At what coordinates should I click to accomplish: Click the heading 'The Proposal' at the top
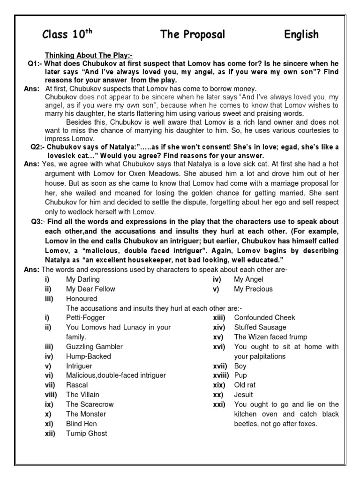click(x=193, y=34)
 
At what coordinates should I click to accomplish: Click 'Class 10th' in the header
click(x=65, y=34)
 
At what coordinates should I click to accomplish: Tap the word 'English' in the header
click(x=301, y=34)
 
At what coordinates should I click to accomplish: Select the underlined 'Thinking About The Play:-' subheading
click(x=89, y=55)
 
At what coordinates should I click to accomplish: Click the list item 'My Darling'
click(x=83, y=279)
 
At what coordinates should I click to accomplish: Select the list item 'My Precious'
click(x=253, y=289)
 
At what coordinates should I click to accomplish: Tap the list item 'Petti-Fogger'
click(x=86, y=318)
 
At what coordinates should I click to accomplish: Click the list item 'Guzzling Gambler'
click(x=94, y=346)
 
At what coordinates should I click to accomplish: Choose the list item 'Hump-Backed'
click(x=89, y=356)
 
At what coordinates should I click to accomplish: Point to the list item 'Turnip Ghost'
click(x=86, y=433)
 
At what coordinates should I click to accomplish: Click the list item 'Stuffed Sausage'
click(x=260, y=327)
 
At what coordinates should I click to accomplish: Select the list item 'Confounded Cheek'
click(x=264, y=318)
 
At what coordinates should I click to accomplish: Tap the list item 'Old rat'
click(x=245, y=385)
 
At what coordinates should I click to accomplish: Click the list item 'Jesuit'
click(x=244, y=395)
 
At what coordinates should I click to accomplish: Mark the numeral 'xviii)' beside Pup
click(x=220, y=375)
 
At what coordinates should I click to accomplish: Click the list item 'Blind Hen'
click(x=81, y=423)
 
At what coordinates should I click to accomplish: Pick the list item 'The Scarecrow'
click(x=90, y=404)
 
